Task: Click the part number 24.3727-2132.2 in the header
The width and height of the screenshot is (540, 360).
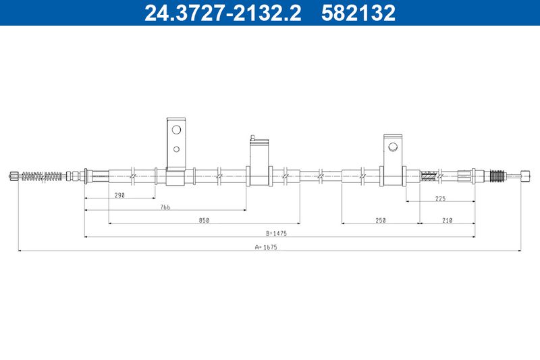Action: pos(223,13)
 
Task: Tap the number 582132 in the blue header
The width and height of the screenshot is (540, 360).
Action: pos(358,13)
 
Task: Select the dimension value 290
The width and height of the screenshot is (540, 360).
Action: pos(119,195)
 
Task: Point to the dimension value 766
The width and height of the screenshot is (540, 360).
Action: pos(165,207)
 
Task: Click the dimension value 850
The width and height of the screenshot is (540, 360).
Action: pos(204,220)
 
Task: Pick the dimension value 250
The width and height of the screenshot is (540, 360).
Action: pos(381,220)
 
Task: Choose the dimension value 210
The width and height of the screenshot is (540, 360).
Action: pos(447,220)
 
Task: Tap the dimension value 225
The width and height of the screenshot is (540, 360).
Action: pos(441,199)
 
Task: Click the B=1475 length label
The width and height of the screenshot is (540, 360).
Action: pos(276,234)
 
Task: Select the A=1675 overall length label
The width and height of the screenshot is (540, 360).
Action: pos(266,247)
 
